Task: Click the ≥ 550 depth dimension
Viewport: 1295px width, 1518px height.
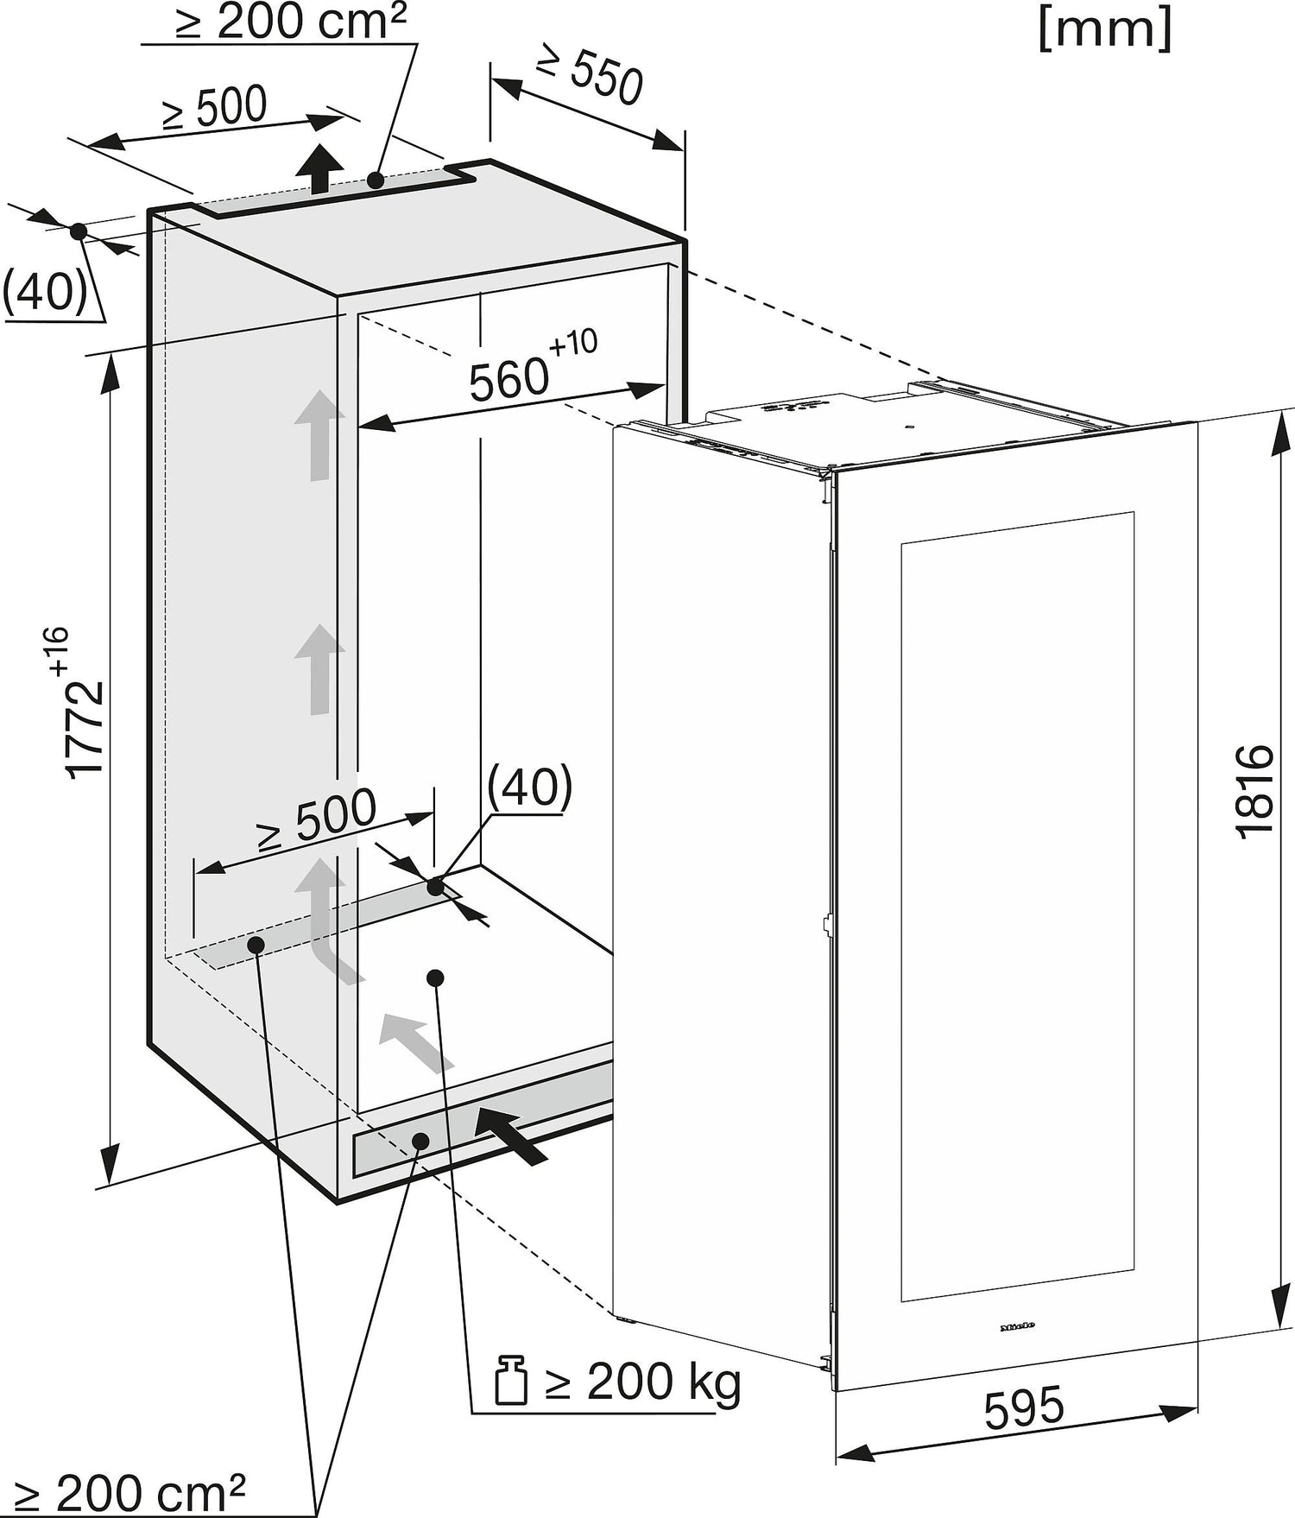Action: tap(590, 73)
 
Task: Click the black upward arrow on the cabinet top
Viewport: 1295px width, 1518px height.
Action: tap(319, 168)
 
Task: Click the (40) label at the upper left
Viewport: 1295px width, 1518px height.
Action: tap(45, 291)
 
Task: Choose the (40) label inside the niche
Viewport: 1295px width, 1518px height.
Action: tap(529, 786)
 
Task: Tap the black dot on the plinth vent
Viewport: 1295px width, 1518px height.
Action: tap(420, 1141)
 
